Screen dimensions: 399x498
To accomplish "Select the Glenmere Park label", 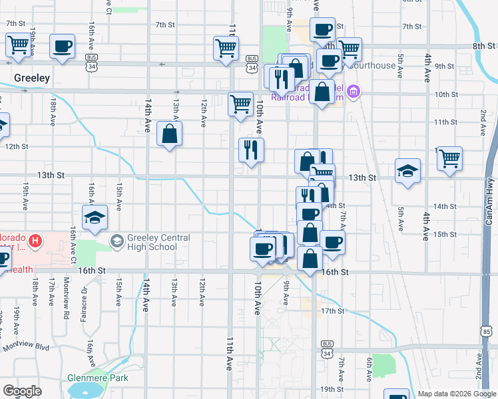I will pyautogui.click(x=97, y=378).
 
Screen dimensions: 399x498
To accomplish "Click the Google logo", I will pyautogui.click(x=22, y=391).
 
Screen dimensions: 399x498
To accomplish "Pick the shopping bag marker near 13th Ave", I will pyautogui.click(x=170, y=134).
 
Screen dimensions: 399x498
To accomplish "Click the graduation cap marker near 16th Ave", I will pyautogui.click(x=95, y=217).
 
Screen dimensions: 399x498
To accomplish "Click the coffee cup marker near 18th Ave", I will pyautogui.click(x=63, y=47).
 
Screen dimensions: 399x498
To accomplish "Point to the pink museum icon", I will pyautogui.click(x=354, y=91).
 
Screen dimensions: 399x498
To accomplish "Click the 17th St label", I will pyautogui.click(x=332, y=311).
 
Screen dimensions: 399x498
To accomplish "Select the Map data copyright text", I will pyautogui.click(x=457, y=394).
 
